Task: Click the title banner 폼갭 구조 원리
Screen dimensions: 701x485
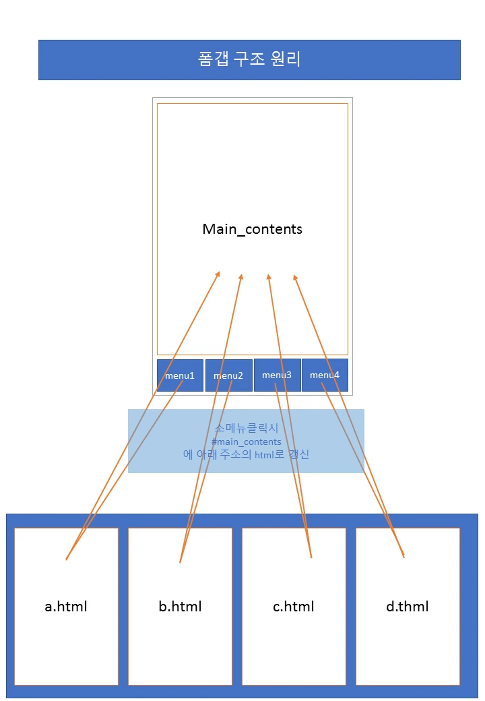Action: pos(249,60)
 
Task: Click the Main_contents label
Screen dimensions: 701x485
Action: pos(252,229)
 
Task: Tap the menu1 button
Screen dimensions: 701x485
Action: pos(180,375)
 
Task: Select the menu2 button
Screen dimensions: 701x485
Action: pos(228,375)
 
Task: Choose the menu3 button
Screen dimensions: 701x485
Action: pos(277,375)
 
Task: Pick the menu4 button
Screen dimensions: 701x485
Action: pos(325,375)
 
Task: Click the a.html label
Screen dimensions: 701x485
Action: pos(66,607)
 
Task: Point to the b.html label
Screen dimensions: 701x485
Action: pos(180,607)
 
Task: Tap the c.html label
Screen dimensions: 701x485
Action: pos(293,607)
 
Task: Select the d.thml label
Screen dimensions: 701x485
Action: pos(407,607)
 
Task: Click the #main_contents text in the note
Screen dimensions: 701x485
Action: pos(246,441)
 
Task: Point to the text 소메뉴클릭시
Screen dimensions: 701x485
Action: pos(246,429)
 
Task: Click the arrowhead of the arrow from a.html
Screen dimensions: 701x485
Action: pos(218,273)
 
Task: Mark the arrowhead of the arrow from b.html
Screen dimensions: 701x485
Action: pos(241,276)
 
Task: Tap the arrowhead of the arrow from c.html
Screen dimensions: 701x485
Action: pos(268,276)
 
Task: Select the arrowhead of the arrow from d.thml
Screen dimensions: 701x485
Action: pos(294,276)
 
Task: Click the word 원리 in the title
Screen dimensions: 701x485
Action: pos(288,60)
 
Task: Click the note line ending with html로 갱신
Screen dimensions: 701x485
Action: pos(246,454)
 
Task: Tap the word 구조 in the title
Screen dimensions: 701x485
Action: pos(250,60)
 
